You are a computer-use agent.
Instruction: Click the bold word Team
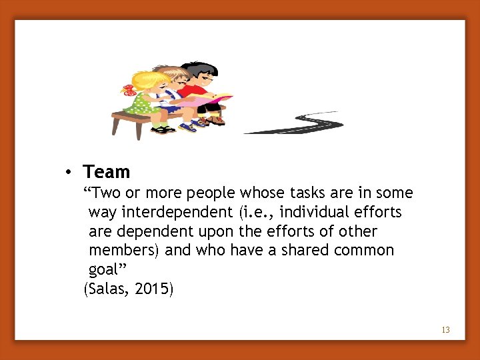pyautogui.click(x=107, y=172)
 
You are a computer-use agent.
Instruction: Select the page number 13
pyautogui.click(x=445, y=330)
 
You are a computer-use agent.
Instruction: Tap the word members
pyautogui.click(x=124, y=251)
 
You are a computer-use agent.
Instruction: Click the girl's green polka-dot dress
pyautogui.click(x=141, y=104)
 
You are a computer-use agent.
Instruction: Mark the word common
pyautogui.click(x=367, y=251)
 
